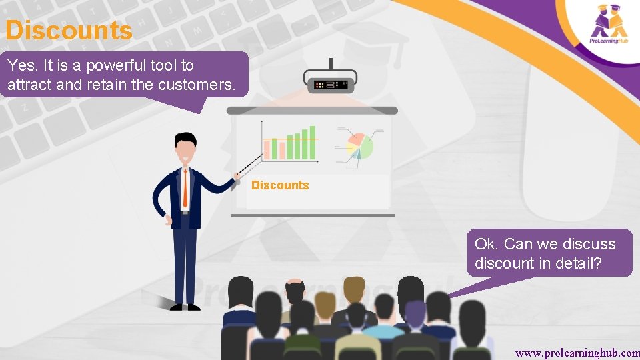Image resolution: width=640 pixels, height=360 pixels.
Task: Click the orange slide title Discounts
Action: [69, 31]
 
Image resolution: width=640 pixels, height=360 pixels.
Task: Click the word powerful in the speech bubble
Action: [115, 65]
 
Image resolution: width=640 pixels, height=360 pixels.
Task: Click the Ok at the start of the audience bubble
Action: [486, 243]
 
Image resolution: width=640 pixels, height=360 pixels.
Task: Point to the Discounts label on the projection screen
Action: [280, 185]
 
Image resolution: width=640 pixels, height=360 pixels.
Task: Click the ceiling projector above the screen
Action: [331, 83]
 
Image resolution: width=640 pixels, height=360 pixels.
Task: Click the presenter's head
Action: [185, 146]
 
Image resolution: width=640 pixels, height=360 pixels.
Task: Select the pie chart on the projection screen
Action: [358, 146]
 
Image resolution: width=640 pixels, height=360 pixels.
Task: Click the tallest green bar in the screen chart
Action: [312, 143]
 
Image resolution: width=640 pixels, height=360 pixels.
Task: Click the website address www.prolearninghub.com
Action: [577, 351]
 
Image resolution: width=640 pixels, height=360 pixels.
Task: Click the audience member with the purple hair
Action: [414, 313]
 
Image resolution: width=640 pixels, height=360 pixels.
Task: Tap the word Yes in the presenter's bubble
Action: [20, 65]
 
